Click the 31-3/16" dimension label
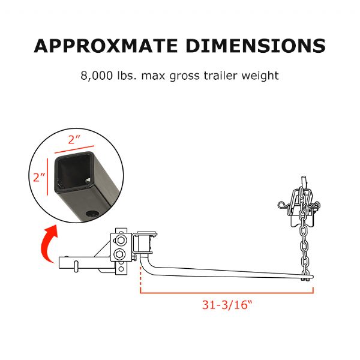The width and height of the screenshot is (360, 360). coord(227,304)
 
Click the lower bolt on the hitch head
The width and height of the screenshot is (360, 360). coord(122,255)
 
